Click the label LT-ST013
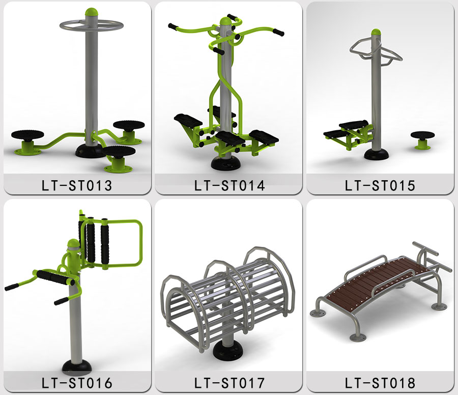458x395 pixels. (77, 185)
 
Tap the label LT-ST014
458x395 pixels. (230, 185)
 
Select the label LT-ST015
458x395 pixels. (380, 185)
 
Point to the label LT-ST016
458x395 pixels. (77, 383)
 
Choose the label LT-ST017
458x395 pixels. (230, 383)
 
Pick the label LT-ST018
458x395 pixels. (380, 383)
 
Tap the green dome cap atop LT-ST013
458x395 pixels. (92, 12)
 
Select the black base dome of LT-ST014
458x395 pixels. (226, 163)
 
